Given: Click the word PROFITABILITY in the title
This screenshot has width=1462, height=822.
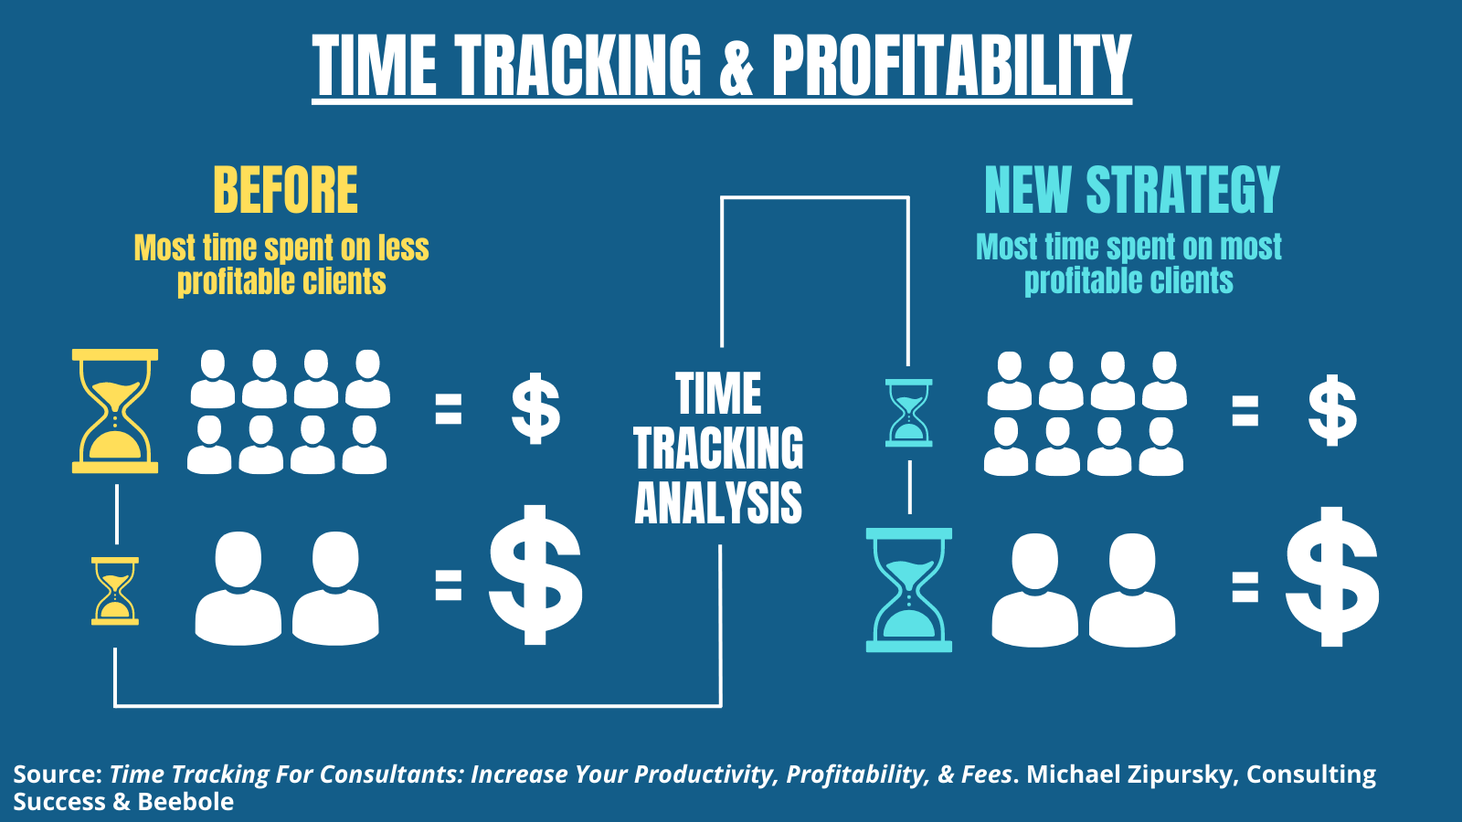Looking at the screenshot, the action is coord(951,65).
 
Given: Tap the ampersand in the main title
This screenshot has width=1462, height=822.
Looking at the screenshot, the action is coord(736,65).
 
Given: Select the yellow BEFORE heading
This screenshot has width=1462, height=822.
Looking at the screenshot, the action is coord(286,190).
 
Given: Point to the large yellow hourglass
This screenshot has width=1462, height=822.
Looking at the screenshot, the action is coord(115,411).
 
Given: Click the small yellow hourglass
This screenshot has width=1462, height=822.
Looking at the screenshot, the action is coord(115,591).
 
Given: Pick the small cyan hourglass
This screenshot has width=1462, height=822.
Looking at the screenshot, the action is coord(908,413).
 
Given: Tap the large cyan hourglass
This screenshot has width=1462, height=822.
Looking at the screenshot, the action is coord(908,590).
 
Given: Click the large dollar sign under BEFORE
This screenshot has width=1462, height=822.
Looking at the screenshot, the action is coord(535,574).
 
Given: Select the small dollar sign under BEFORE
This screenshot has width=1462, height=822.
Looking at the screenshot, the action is coord(535,409).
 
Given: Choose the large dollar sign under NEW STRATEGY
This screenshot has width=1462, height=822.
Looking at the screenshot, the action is coord(1332,576).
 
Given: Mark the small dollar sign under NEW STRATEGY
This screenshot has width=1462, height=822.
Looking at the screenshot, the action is coord(1333,410).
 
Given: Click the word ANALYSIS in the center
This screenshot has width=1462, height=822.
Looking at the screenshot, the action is coord(718,503).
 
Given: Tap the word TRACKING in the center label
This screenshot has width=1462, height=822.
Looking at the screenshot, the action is coord(718,448).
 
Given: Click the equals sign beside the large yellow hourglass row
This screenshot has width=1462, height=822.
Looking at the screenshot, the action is coord(449,409).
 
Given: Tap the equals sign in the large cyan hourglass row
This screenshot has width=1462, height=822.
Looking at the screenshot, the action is coord(1245,585).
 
